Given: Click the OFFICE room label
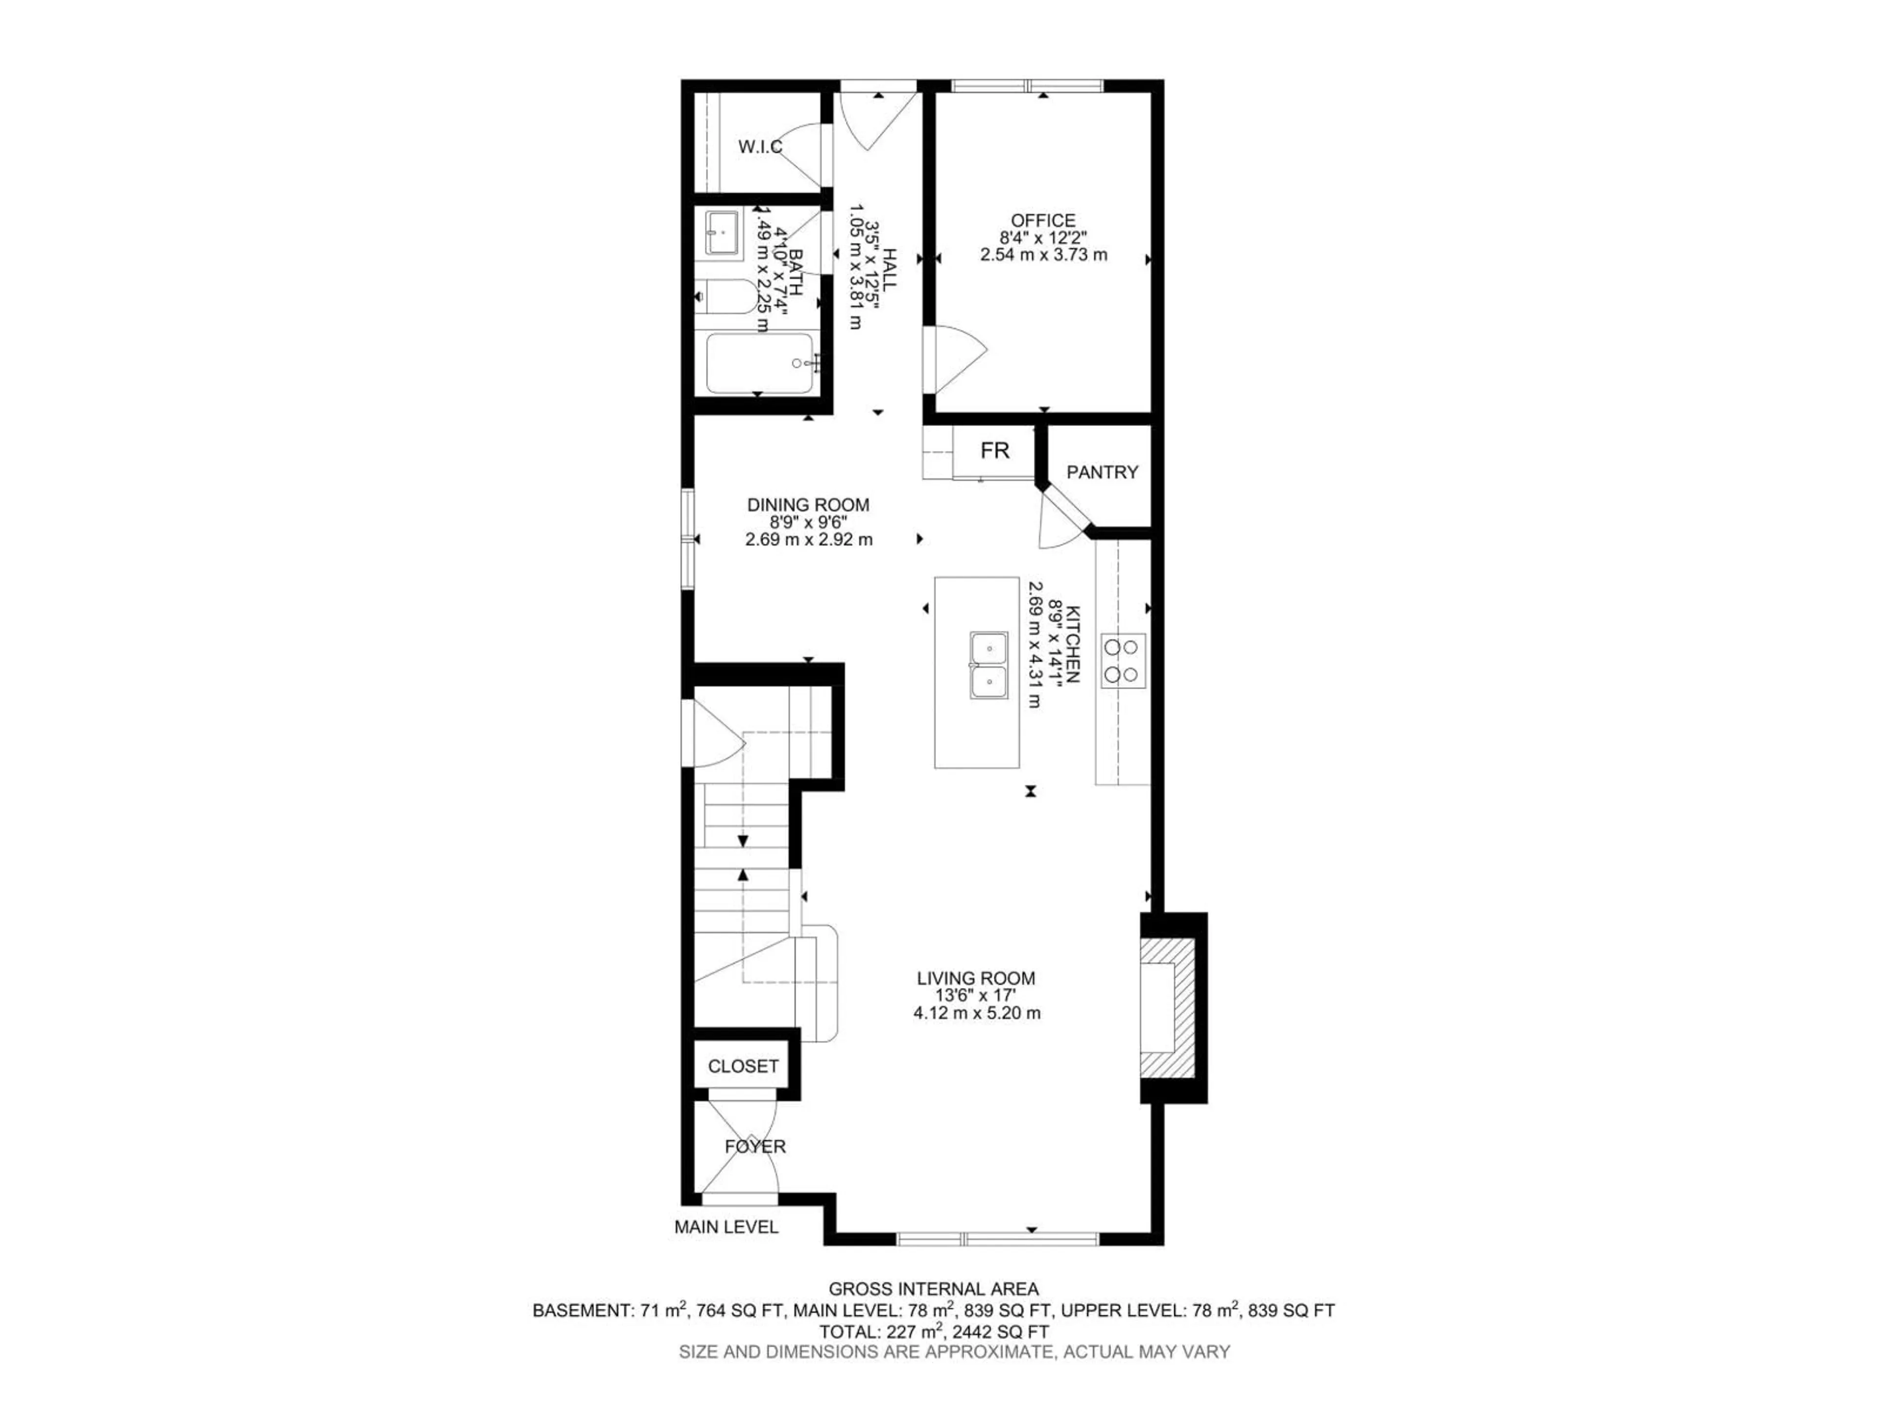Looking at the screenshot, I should click(1043, 221).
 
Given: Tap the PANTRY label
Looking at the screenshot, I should click(1103, 471).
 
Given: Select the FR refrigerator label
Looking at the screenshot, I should click(994, 450).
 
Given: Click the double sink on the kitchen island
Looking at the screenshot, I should click(989, 665).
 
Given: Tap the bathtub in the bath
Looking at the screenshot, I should click(759, 363).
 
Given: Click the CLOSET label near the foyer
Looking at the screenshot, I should click(743, 1066).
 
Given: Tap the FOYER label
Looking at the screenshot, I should click(755, 1147).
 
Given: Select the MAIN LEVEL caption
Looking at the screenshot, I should click(726, 1227).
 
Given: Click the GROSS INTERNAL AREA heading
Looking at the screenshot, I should click(933, 1289).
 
